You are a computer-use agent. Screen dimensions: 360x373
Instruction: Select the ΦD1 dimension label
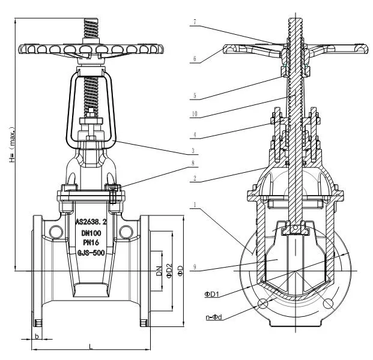coord(212,294)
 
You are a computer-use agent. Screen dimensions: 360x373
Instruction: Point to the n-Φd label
coord(213,316)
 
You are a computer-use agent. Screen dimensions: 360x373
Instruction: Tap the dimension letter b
coord(37,337)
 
